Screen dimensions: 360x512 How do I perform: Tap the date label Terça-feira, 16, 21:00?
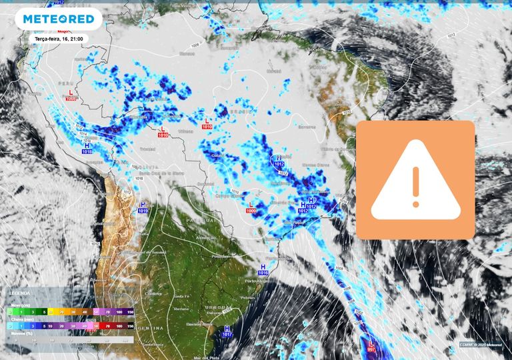61,39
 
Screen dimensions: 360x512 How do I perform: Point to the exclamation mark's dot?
415,203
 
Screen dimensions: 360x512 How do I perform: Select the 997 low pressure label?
371,349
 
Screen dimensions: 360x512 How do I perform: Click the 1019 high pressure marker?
142,207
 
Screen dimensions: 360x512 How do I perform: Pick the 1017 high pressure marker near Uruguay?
227,331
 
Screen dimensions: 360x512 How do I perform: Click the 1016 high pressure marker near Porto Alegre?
263,269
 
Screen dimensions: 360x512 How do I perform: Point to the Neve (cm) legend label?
15,305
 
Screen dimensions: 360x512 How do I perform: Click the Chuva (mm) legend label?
17,319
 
